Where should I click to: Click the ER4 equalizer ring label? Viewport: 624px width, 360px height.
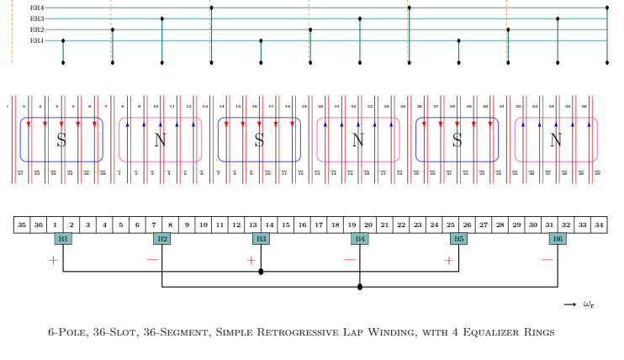click(x=37, y=8)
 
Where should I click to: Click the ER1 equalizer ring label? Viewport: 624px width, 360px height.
click(x=37, y=40)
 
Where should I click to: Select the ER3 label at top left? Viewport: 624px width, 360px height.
click(x=37, y=19)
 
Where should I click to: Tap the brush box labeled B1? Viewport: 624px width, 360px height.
click(x=63, y=239)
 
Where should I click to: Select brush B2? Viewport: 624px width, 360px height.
click(x=162, y=239)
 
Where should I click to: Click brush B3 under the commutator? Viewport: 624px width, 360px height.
click(x=262, y=239)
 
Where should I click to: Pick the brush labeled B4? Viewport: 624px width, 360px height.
click(x=360, y=239)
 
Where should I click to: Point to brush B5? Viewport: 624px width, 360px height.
click(x=459, y=239)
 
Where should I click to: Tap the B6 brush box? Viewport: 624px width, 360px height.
click(x=558, y=239)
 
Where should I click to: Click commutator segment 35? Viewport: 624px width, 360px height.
click(x=23, y=225)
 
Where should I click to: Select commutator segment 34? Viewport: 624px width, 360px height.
click(x=599, y=225)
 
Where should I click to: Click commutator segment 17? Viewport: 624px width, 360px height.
click(x=319, y=225)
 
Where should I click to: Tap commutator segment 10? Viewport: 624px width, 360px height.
click(x=204, y=225)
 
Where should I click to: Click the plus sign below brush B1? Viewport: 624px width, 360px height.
click(x=53, y=261)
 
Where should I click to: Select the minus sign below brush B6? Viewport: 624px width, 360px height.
click(x=547, y=260)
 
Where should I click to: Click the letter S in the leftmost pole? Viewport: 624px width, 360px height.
click(x=61, y=140)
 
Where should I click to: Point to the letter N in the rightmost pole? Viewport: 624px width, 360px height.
click(x=555, y=140)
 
